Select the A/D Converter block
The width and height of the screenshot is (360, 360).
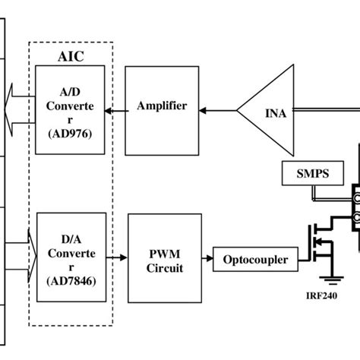coord(70,109)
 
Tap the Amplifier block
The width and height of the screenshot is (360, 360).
coord(161,106)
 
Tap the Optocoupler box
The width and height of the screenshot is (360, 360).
coord(255,238)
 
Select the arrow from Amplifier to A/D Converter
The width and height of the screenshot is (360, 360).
coord(115,112)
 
